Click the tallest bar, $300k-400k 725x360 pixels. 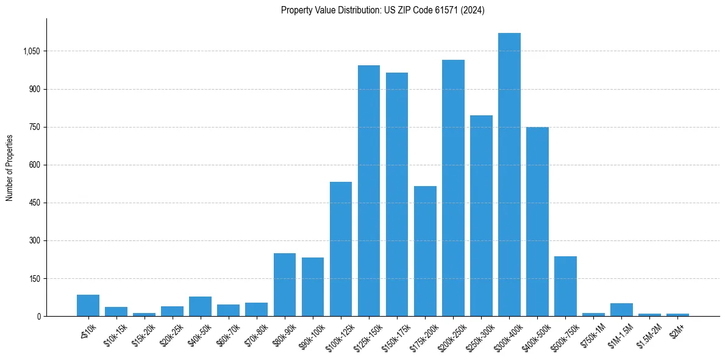tap(509, 175)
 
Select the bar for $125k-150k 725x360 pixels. tap(369, 190)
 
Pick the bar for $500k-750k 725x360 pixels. tap(565, 286)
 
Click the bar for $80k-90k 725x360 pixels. tap(285, 284)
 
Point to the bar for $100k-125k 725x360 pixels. tap(341, 249)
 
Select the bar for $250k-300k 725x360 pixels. tap(481, 215)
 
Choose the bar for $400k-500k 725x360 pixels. tap(537, 221)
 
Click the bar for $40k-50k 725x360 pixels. tap(201, 306)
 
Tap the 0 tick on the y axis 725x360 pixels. tap(39, 316)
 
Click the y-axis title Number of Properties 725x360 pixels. tap(10, 168)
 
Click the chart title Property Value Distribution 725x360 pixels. tap(382, 10)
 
